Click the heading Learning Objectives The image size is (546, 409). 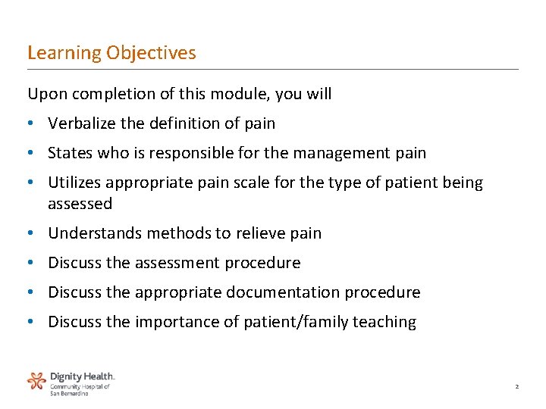pos(111,53)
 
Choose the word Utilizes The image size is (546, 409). pos(77,183)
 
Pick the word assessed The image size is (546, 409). pos(80,204)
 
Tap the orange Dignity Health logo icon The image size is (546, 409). pos(36,380)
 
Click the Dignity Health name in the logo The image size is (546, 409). pos(82,376)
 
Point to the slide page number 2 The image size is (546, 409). pos(516,387)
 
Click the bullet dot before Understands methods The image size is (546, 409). pos(31,233)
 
